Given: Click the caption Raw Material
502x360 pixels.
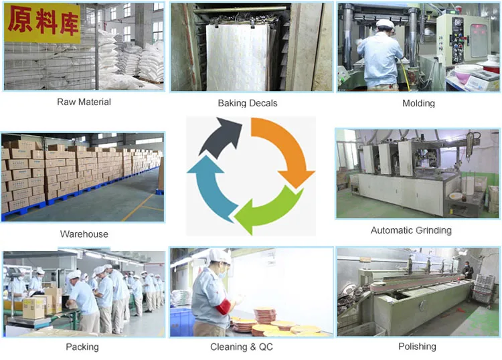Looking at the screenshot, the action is pos(84,102).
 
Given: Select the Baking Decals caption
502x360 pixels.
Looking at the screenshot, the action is pos(248,103).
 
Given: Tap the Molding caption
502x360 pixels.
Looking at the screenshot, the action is pos(418,104).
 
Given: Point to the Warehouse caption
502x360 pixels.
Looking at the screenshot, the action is pos(84,234).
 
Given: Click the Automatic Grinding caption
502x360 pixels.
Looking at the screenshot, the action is pos(411,230).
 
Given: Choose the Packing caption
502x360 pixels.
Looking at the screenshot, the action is pos(82,347).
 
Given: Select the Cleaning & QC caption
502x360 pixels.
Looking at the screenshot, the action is pos(242,347).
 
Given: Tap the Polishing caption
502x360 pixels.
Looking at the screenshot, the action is pos(416,346).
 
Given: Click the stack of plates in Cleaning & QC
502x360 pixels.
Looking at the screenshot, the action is pos(264,314).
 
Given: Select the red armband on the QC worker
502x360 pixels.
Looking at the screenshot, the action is pos(222,307).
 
